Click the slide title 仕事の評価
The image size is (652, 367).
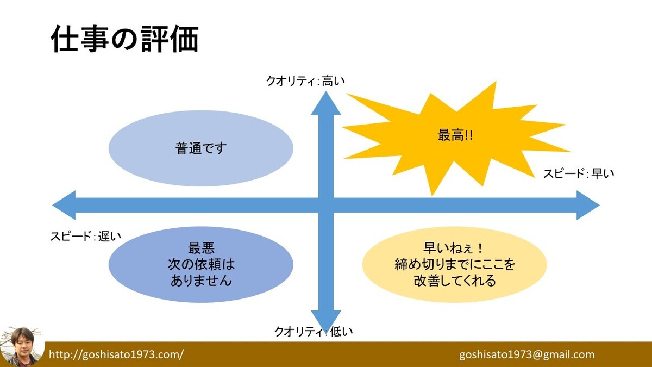tap(125, 39)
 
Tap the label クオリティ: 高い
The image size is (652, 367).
tap(305, 80)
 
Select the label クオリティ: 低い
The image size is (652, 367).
tap(314, 332)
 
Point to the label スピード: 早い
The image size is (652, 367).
tap(579, 173)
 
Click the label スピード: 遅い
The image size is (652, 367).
tap(86, 236)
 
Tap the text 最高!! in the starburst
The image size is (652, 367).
tap(455, 135)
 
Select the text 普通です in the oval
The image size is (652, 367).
tap(201, 148)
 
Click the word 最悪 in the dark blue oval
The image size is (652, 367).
tap(201, 248)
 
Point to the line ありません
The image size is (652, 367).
tap(201, 280)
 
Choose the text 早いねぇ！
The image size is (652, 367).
tap(453, 248)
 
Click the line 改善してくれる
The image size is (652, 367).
tap(455, 280)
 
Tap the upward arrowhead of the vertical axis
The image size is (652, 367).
tap(326, 103)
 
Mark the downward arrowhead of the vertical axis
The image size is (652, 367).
tap(326, 320)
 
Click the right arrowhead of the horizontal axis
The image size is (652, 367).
tap(588, 206)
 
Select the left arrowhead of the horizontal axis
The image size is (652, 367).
tap(64, 206)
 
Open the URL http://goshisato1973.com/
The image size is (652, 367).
tap(116, 354)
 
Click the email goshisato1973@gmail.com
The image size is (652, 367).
tap(527, 354)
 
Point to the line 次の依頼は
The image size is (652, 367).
tap(201, 264)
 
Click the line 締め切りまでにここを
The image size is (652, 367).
tap(455, 264)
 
